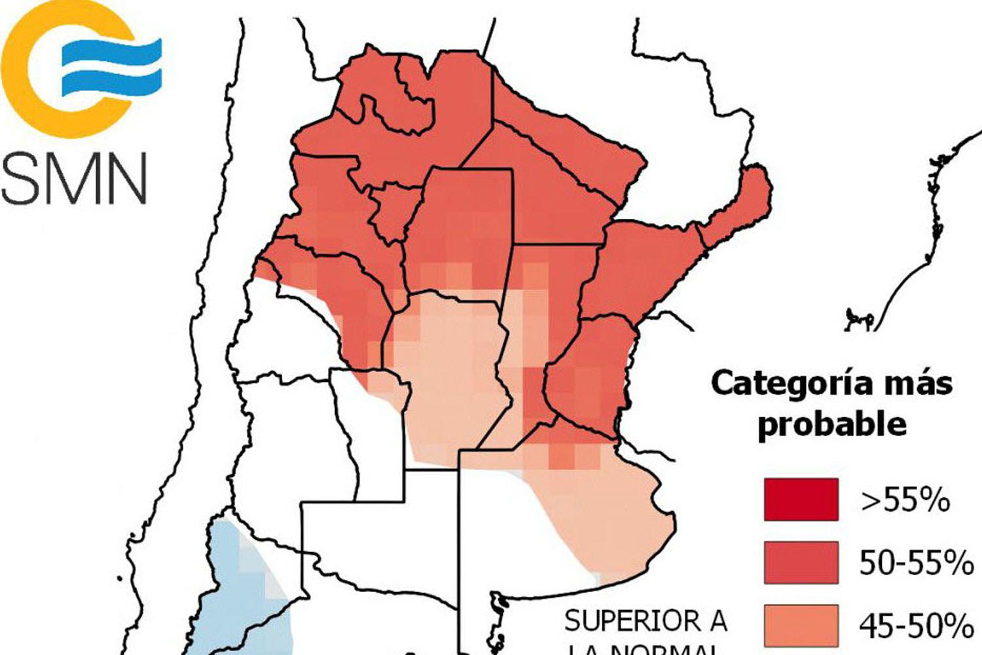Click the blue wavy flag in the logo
pyautogui.click(x=111, y=65)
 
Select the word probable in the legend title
pyautogui.click(x=831, y=424)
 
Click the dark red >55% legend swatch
pyautogui.click(x=801, y=500)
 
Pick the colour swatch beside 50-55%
pyautogui.click(x=801, y=562)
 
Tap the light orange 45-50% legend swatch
pyautogui.click(x=801, y=624)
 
